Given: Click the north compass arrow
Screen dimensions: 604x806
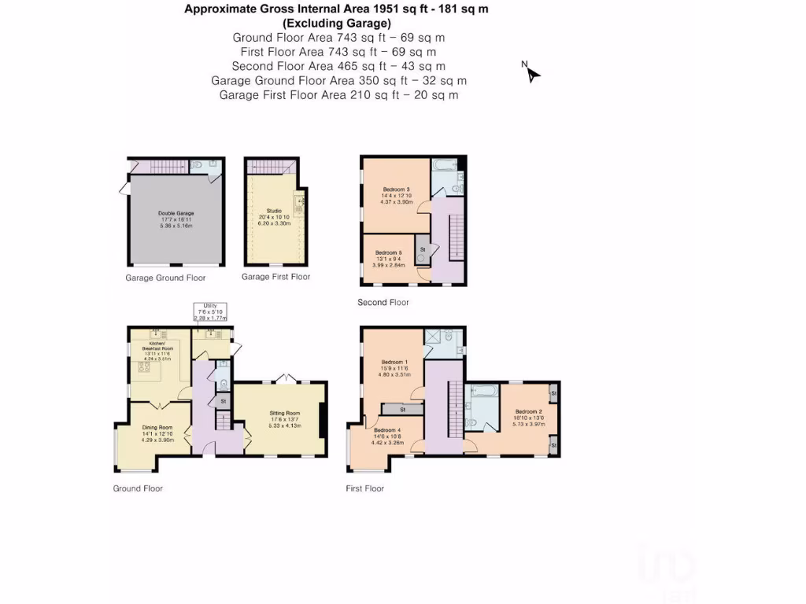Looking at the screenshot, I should (532, 73).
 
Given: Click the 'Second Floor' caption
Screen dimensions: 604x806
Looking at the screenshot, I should (383, 303).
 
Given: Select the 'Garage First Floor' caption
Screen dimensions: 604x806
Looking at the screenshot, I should (275, 277).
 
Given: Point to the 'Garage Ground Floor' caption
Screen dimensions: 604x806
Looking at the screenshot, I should (165, 278).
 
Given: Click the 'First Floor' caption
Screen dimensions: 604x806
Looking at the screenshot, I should (365, 488).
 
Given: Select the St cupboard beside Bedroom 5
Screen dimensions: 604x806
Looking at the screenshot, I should (422, 249).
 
